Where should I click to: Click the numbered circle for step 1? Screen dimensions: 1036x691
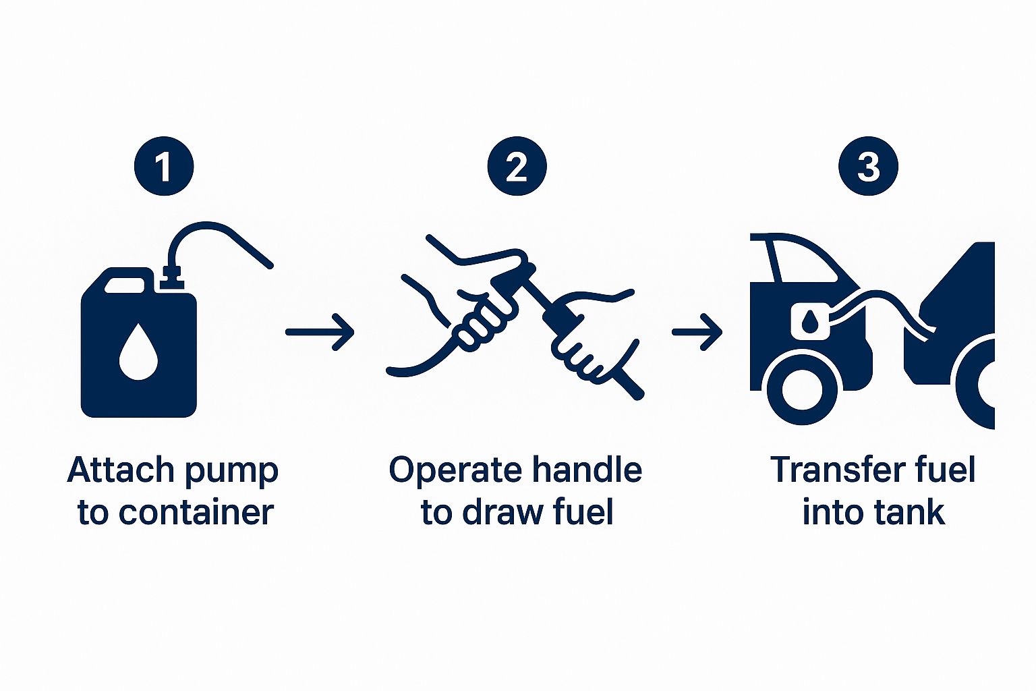click(x=164, y=166)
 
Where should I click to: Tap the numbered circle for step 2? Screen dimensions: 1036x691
click(x=517, y=166)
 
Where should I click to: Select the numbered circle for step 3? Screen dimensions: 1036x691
click(x=868, y=166)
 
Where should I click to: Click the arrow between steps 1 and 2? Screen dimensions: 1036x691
click(x=320, y=332)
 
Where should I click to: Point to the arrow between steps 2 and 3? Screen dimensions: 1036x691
click(x=697, y=332)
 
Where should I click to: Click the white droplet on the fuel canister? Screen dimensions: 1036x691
click(x=138, y=352)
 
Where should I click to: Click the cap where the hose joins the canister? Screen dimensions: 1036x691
click(x=171, y=276)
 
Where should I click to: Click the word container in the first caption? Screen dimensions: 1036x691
click(x=196, y=512)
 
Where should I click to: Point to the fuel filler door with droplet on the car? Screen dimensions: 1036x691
click(x=809, y=321)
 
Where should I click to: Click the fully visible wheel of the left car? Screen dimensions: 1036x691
click(x=803, y=390)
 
